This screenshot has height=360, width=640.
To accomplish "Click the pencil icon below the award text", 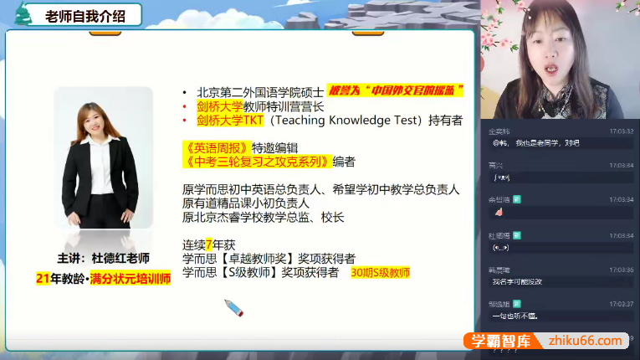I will [234, 308].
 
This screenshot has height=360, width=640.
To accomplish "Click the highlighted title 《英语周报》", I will [212, 147].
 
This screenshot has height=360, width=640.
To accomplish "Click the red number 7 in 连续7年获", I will [208, 244].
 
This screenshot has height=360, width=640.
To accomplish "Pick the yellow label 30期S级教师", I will [381, 272].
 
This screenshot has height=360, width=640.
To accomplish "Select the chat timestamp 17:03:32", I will [621, 131].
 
